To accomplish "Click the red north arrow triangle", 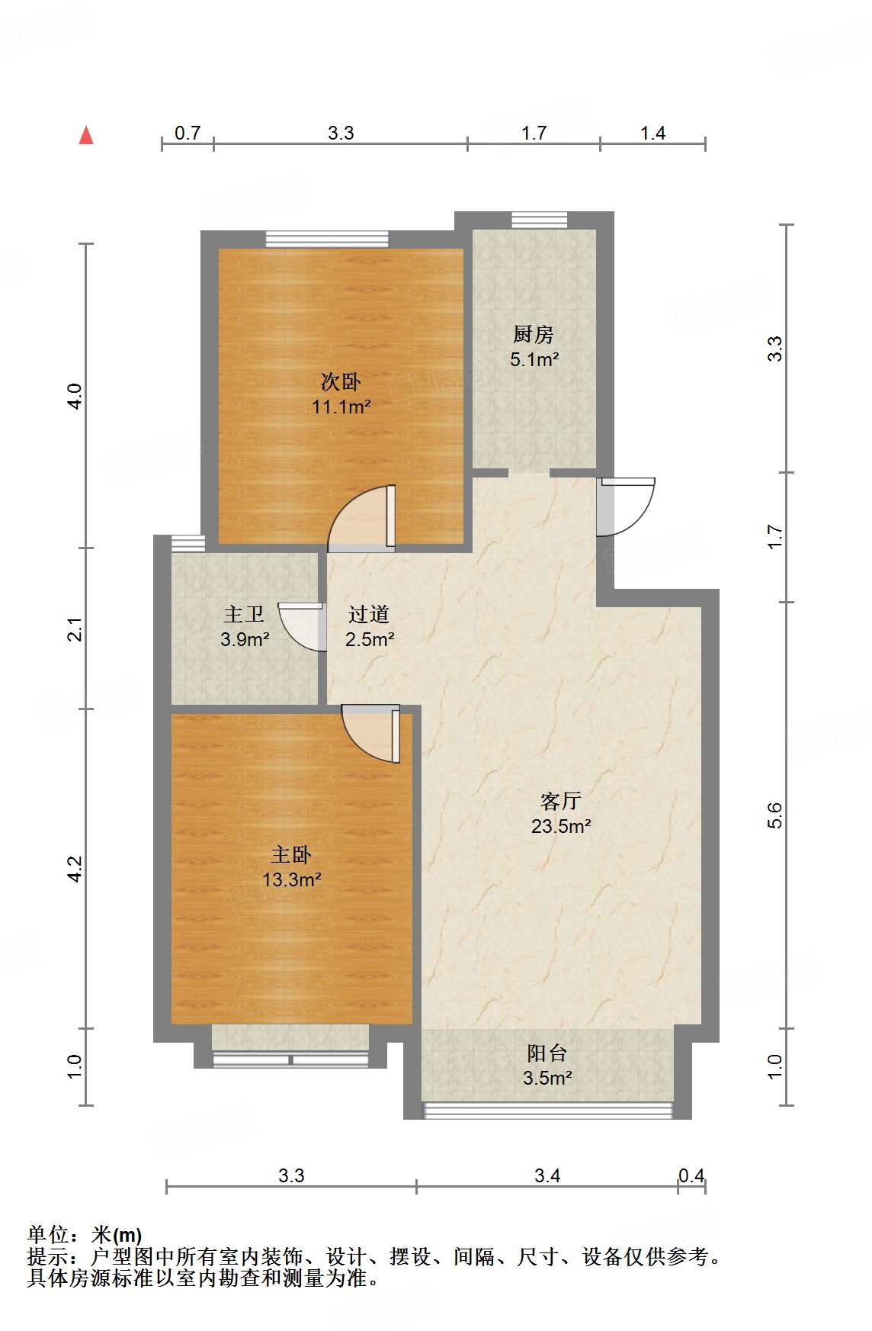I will pyautogui.click(x=87, y=136).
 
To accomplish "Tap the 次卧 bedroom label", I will pyautogui.click(x=341, y=381).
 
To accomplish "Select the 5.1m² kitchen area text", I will pyautogui.click(x=534, y=359).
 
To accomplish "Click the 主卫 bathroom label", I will pyautogui.click(x=244, y=614).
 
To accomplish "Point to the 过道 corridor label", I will pyautogui.click(x=369, y=614).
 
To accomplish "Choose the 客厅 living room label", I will pyautogui.click(x=561, y=801).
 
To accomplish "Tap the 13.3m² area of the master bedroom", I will pyautogui.click(x=291, y=879).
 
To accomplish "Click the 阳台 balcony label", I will pyautogui.click(x=547, y=1053).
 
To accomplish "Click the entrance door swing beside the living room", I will pyautogui.click(x=627, y=505).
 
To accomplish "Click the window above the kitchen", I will pyautogui.click(x=540, y=220).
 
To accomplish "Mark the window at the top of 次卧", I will pyautogui.click(x=327, y=240).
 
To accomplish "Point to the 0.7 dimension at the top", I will pyautogui.click(x=188, y=133).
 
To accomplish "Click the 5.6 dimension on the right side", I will pyautogui.click(x=775, y=815).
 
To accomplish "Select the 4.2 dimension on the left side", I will pyautogui.click(x=74, y=868).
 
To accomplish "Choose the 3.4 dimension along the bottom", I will pyautogui.click(x=547, y=1175).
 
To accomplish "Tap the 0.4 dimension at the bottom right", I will pyautogui.click(x=691, y=1175).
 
